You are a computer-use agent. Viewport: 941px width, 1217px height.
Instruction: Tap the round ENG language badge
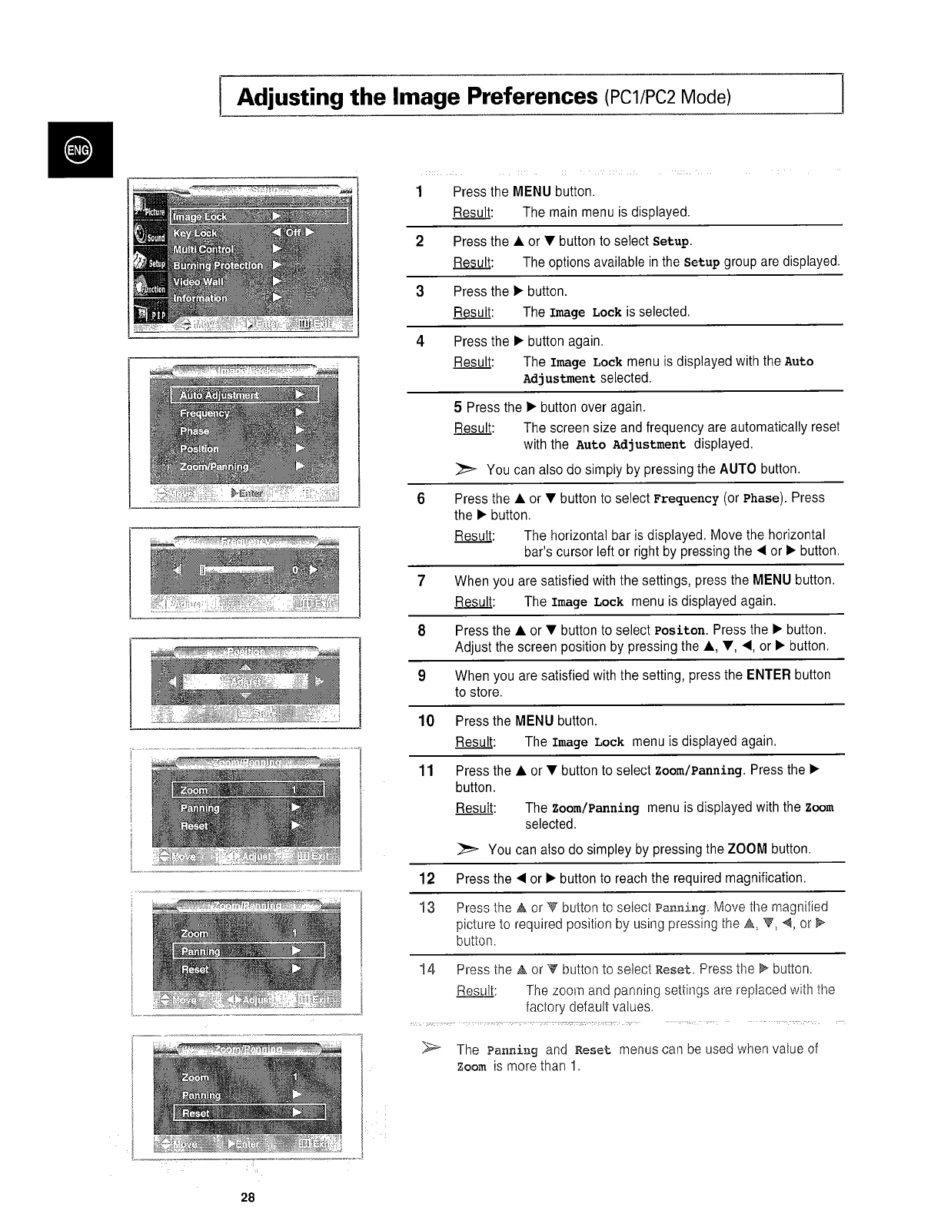pyautogui.click(x=79, y=149)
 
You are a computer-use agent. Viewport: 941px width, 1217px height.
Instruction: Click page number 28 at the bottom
pyautogui.click(x=247, y=1198)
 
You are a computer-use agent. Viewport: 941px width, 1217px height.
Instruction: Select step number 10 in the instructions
pyautogui.click(x=426, y=721)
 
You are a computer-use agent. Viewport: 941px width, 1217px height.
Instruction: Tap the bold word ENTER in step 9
pyautogui.click(x=768, y=675)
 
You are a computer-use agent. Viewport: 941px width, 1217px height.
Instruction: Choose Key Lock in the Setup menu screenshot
pyautogui.click(x=195, y=233)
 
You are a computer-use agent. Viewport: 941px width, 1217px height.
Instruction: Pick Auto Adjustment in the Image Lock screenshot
pyautogui.click(x=219, y=395)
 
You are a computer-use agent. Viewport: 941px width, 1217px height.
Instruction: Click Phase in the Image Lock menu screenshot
pyautogui.click(x=194, y=431)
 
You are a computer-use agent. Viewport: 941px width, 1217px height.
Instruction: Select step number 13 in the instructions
pyautogui.click(x=427, y=907)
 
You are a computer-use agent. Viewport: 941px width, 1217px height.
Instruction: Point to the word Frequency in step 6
pyautogui.click(x=686, y=499)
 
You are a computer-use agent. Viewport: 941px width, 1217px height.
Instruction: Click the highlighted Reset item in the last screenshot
pyautogui.click(x=197, y=1113)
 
